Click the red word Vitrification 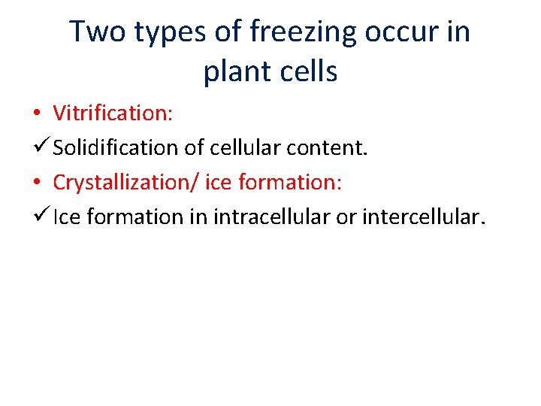113,113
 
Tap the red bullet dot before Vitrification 37,114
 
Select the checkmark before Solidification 41,147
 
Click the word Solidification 116,147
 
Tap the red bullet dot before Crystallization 37,183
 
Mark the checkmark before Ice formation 41,216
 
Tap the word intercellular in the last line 425,217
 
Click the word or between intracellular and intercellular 350,217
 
